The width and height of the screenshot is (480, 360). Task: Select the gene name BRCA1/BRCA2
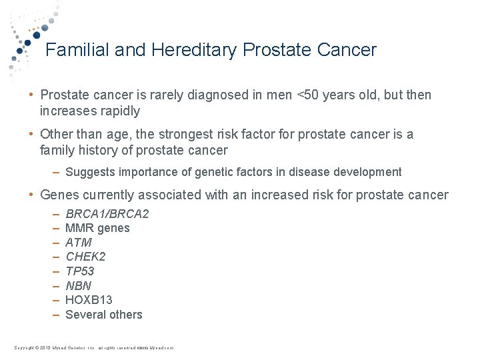[107, 214]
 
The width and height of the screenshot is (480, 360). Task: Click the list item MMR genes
[97, 228]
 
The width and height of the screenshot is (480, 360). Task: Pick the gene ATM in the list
[79, 243]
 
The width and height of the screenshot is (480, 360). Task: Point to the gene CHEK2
[85, 257]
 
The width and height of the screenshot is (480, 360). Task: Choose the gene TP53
[80, 271]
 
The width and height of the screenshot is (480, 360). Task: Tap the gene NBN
[78, 286]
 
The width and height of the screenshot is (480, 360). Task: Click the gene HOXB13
[89, 300]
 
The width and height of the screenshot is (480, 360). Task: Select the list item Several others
[104, 315]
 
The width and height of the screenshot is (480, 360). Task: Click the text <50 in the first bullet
[309, 95]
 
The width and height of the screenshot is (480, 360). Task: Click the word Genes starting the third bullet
[59, 195]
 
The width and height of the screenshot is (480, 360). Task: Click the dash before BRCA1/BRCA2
[55, 214]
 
